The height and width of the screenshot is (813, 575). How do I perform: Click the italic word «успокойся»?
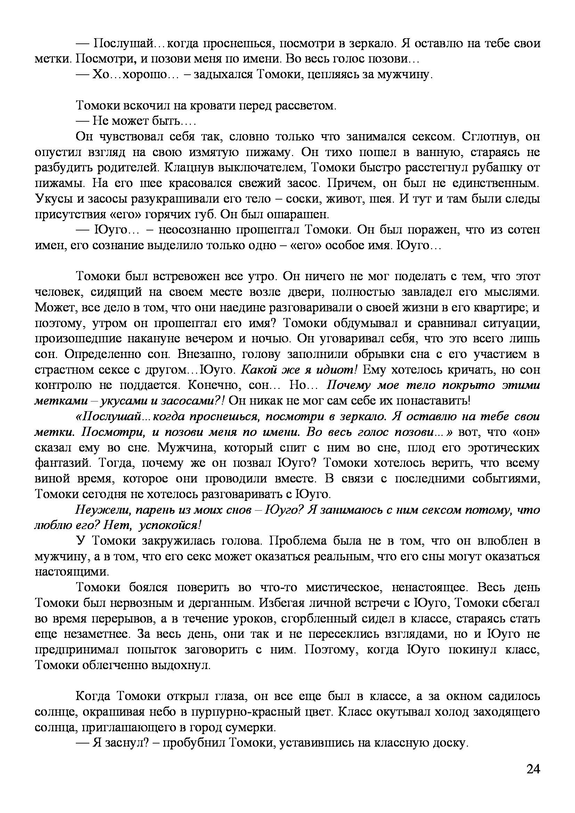coord(169,525)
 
